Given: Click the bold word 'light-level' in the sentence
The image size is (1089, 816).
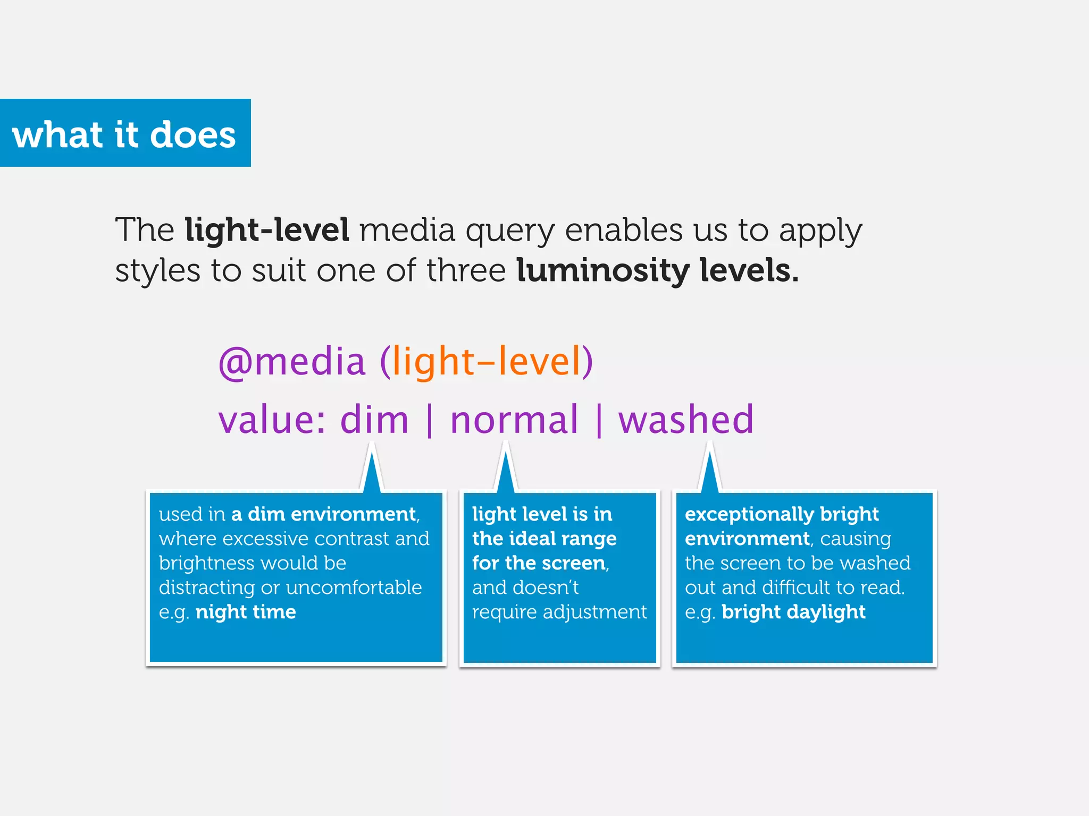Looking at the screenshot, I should [x=267, y=230].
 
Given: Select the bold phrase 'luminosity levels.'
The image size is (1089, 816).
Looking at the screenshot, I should [x=657, y=270].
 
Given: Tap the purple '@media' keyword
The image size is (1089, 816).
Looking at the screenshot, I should [x=292, y=362].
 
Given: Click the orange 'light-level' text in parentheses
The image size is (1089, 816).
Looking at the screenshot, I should [x=486, y=362].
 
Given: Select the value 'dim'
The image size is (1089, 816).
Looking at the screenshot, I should [x=374, y=420].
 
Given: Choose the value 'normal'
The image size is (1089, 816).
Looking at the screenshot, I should [x=514, y=420].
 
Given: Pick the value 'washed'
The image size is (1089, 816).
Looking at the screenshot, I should [x=685, y=420].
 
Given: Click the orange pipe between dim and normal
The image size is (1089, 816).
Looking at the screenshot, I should [x=430, y=420].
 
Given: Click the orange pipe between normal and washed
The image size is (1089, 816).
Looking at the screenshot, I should [x=599, y=420].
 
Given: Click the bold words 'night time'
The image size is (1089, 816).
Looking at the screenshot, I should [x=246, y=612].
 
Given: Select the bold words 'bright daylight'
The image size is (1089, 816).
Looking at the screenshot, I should [x=793, y=612].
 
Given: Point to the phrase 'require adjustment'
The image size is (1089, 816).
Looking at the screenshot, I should [x=559, y=612].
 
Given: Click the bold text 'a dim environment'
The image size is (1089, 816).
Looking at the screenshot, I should [x=324, y=514].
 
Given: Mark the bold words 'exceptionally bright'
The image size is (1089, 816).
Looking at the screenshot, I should [x=781, y=514].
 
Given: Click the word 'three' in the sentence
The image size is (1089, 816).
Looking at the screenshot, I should [x=466, y=270].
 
